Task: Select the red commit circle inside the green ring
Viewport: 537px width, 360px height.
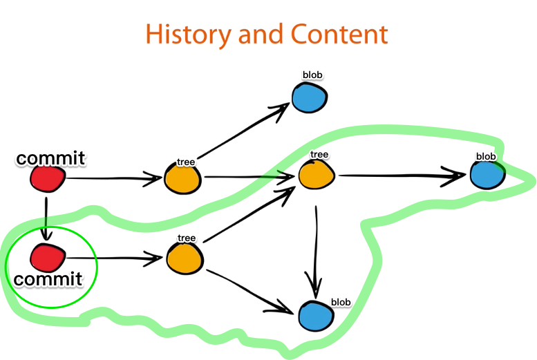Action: coord(47,259)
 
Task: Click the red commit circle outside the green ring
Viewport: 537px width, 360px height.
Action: coord(47,180)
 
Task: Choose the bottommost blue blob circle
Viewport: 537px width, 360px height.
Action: coord(316,316)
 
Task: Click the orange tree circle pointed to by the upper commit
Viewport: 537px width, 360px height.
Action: coord(182,179)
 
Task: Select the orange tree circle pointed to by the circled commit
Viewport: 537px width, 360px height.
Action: coord(184,258)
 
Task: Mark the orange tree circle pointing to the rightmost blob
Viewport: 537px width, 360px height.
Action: coord(316,173)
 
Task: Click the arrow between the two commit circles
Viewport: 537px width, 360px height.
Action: coord(46,218)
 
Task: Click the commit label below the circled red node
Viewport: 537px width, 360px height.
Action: coord(48,280)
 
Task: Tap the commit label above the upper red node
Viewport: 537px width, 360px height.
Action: coord(50,158)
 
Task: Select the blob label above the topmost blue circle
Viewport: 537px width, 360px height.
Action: coord(312,75)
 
